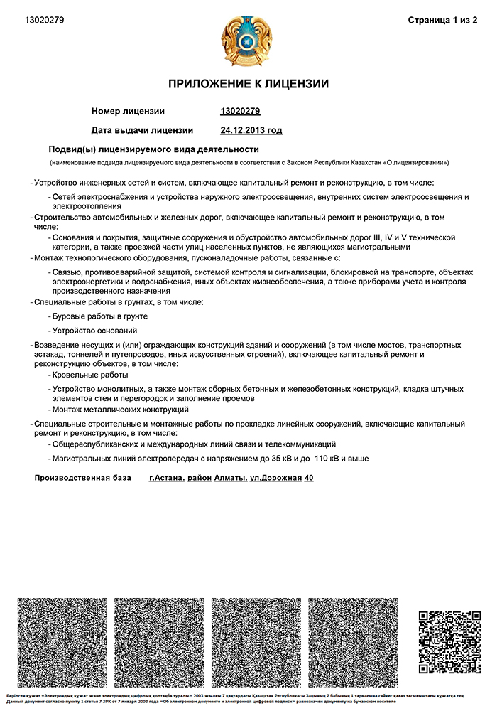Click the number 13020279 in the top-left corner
(44, 20)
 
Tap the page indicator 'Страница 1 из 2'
(442, 20)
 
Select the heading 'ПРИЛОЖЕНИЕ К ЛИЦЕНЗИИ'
(249, 84)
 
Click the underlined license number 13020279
(241, 111)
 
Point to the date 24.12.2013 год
(251, 130)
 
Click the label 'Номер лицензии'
(128, 111)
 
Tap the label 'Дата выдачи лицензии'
(142, 130)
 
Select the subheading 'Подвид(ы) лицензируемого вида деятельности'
(153, 149)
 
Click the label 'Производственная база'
(83, 478)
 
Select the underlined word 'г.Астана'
(167, 478)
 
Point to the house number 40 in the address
(308, 478)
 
